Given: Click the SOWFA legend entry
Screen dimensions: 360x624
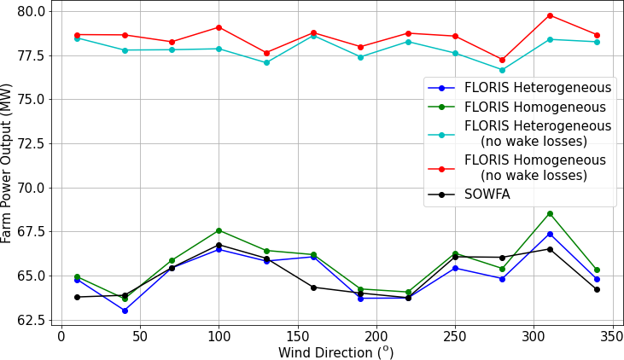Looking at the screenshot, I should click(487, 195).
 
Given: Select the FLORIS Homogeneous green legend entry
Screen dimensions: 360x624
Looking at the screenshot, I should click(534, 107).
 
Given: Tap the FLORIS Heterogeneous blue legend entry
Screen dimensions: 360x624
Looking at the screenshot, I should click(537, 88).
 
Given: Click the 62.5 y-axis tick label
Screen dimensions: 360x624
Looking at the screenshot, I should click(32, 320).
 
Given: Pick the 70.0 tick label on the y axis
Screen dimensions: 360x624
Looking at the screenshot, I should click(32, 188).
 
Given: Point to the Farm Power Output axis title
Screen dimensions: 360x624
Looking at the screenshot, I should click(8, 163).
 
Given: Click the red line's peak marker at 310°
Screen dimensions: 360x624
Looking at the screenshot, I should click(550, 15).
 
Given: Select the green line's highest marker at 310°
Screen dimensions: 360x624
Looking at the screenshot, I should click(550, 213).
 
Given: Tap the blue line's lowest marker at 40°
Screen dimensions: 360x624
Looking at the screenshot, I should click(125, 311).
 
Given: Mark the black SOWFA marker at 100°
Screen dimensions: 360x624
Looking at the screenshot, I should click(219, 246).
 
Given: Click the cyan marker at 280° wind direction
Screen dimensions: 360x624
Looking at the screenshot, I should click(502, 70).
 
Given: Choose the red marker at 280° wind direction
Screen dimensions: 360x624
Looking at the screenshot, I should click(502, 60).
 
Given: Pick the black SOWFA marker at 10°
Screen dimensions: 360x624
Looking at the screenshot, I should click(77, 297).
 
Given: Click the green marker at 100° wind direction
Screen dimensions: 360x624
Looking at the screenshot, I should click(219, 230).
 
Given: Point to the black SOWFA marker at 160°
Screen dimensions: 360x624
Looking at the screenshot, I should click(313, 287).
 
